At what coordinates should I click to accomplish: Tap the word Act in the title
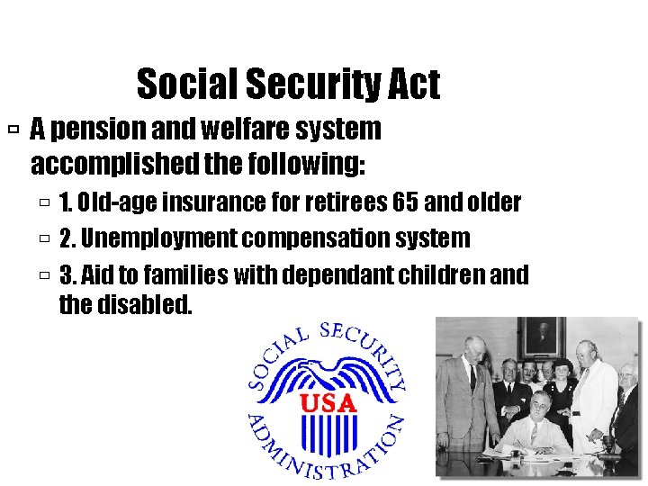click(414, 85)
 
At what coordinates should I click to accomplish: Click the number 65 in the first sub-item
click(409, 202)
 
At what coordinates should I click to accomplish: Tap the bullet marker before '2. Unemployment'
click(45, 239)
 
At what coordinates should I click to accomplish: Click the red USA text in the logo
click(328, 402)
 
